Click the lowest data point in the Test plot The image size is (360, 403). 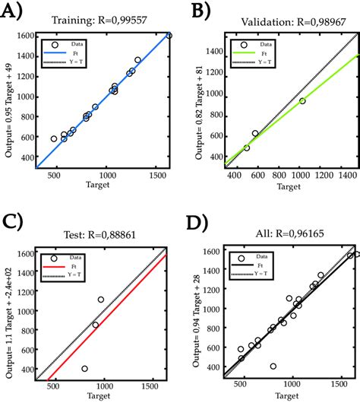[x=84, y=369]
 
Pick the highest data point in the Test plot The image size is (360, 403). [x=101, y=300]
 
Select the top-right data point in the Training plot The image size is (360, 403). [x=169, y=36]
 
